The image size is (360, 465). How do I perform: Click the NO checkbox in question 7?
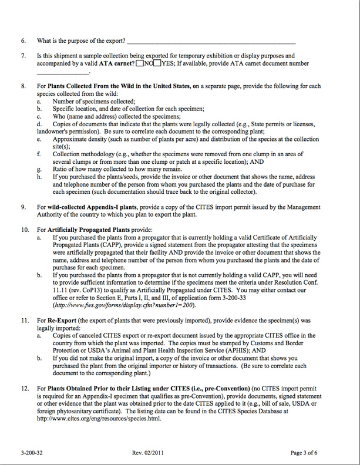tap(140, 63)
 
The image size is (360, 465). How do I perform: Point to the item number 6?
tap(23, 41)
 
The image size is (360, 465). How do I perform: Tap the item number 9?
tap(23, 207)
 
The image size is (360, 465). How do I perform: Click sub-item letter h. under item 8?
tap(39, 176)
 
